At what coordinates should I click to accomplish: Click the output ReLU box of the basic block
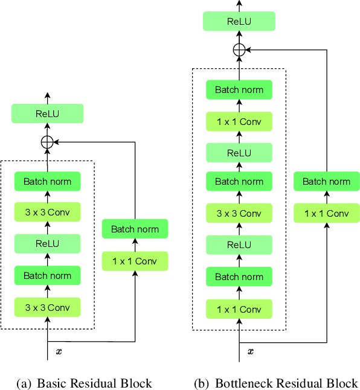tap(47, 113)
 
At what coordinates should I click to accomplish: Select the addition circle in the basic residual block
tap(47, 142)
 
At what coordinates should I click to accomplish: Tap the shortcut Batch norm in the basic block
tap(135, 229)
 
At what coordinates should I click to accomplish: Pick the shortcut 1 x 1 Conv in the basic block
tap(135, 261)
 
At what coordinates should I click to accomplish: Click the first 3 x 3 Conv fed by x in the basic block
tap(47, 307)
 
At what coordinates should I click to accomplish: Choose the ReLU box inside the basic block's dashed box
tap(47, 244)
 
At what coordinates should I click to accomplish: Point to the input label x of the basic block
tap(58, 351)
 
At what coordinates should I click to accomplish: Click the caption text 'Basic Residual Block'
tap(94, 383)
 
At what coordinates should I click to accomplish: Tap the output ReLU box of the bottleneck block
tap(240, 21)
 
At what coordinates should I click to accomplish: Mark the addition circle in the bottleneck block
tap(240, 51)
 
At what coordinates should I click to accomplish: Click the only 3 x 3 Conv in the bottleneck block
tap(240, 213)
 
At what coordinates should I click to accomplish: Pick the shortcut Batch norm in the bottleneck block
tap(326, 181)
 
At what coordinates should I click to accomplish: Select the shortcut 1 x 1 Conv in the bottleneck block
tap(326, 213)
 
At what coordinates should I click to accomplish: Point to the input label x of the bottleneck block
tap(251, 351)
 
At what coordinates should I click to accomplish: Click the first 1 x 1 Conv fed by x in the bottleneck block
tap(240, 309)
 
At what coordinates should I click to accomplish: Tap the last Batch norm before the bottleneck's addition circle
tap(240, 90)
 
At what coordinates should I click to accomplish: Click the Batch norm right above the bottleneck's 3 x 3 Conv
tap(240, 181)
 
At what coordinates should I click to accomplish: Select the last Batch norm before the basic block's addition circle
tap(47, 181)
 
